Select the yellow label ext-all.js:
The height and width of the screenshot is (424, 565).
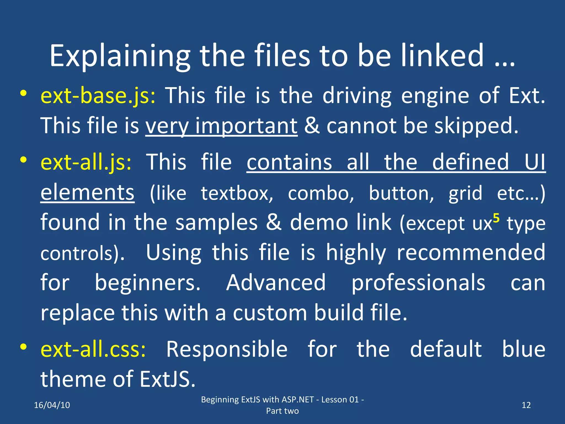86,162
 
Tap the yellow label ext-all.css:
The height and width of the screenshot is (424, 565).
93,349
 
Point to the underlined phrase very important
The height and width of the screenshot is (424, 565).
221,126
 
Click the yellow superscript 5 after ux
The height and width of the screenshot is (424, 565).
496,218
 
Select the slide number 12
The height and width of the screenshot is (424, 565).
526,405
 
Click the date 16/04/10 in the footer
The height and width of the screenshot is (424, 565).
52,405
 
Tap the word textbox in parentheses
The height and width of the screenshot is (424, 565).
237,193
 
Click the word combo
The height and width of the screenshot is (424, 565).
321,193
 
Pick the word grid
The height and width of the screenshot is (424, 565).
465,193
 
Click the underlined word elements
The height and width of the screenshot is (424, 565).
87,193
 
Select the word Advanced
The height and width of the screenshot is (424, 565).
276,283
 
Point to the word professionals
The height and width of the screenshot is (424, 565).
418,283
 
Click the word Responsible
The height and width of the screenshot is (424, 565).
227,349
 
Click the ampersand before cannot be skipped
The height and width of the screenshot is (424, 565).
312,126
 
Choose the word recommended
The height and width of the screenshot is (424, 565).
471,253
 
